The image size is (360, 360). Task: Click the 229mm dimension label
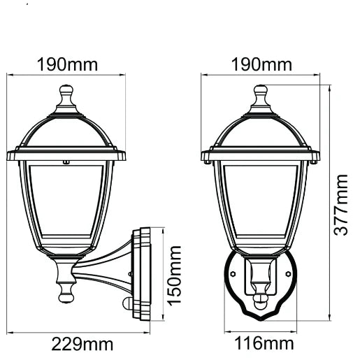click(82, 344)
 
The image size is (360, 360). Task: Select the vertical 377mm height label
click(340, 206)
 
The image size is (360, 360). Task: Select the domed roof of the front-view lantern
click(261, 129)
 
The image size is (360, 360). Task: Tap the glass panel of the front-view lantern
click(261, 203)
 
